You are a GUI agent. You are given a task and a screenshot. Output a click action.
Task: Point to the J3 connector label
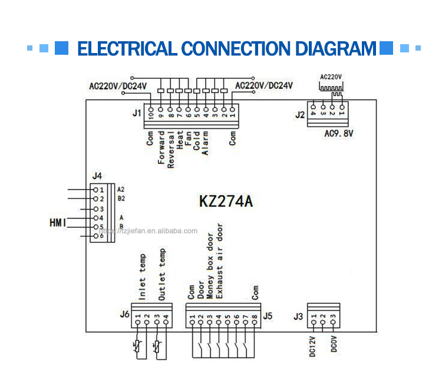(298, 317)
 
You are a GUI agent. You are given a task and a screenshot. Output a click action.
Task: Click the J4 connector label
(97, 175)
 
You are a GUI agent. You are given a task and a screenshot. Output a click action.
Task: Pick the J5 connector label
(268, 316)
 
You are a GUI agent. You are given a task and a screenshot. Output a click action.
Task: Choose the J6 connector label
(124, 314)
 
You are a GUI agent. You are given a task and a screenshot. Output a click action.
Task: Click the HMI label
(57, 222)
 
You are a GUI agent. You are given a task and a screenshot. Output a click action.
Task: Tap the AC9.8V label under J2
(339, 133)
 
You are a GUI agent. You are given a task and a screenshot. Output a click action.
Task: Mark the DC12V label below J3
(312, 344)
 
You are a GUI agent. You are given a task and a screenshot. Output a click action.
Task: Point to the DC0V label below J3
(334, 344)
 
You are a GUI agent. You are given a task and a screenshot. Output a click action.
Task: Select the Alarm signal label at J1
(205, 144)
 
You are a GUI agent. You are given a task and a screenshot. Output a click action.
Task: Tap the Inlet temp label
(141, 281)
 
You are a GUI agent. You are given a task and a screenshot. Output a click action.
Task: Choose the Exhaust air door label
(220, 261)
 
